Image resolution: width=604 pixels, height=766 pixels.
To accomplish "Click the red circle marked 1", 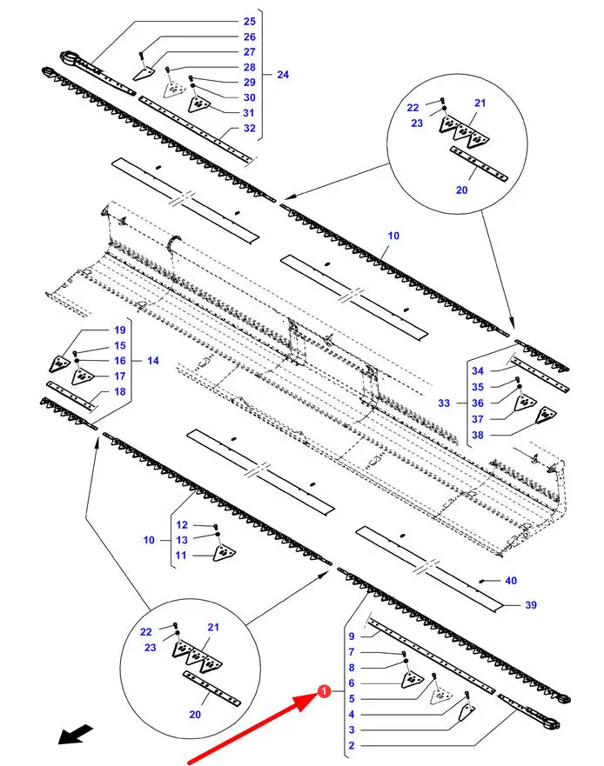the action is tap(323, 692).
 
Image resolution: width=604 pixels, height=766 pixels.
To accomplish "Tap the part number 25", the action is tap(250, 22).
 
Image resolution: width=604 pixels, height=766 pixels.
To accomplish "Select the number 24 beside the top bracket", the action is tap(283, 75).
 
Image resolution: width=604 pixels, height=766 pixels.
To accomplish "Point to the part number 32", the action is tap(250, 128).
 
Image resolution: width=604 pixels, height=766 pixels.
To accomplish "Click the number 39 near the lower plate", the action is tap(531, 605).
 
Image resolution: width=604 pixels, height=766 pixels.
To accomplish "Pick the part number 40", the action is tap(511, 581).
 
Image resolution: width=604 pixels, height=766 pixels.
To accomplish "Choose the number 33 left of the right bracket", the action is tap(444, 403).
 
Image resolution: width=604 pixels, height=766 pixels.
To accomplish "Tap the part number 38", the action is tap(478, 435).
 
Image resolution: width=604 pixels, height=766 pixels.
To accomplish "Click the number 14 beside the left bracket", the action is tap(153, 361).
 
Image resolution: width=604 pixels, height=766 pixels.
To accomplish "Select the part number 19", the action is tap(120, 330).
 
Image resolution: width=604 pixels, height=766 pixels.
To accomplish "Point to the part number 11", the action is tap(181, 556).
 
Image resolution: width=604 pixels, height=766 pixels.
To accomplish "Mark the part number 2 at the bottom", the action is tap(351, 745).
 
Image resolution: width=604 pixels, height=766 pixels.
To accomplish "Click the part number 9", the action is tap(351, 636).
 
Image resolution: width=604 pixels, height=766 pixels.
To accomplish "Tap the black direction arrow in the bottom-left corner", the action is tap(76, 734).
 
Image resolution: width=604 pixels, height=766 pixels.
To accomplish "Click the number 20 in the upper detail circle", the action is tap(461, 190).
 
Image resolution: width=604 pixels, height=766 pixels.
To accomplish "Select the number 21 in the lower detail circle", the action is tap(213, 627).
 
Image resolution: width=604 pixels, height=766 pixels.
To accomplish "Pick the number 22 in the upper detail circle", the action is tap(413, 108).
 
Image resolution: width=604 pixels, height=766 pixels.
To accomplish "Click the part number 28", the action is tap(250, 68).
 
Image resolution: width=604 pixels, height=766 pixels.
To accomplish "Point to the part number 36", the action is tap(478, 403).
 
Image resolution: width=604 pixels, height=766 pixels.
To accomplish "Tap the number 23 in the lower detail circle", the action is tap(151, 648).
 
